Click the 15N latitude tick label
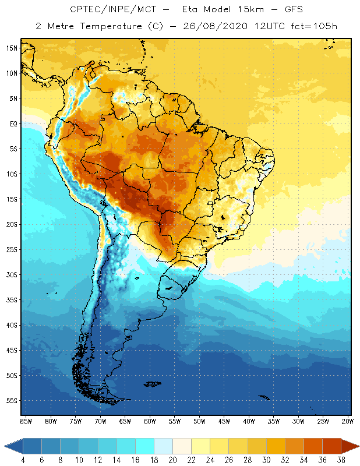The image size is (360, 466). (x=12, y=48)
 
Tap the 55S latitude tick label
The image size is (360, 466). (x=12, y=401)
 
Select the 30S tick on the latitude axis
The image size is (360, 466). (x=12, y=274)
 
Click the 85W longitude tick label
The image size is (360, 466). (x=26, y=421)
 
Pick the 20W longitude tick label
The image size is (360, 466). (x=347, y=421)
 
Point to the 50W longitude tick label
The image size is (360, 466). (x=199, y=421)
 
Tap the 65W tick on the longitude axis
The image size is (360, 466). (x=125, y=421)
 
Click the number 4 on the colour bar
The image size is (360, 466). (x=23, y=461)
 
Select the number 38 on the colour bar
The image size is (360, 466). (x=340, y=461)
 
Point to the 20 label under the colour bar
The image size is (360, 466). (x=172, y=461)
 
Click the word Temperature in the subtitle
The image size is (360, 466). (x=104, y=26)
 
